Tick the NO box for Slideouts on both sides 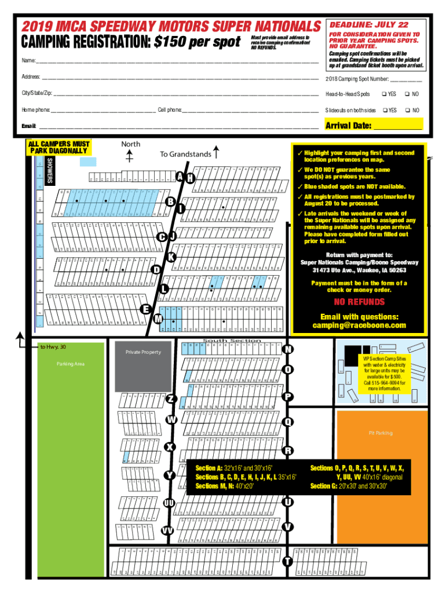coord(408,110)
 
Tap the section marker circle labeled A coord(181,177)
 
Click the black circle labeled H coord(191,178)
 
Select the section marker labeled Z coord(171,400)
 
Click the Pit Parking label coord(381,433)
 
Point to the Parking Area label coord(70,364)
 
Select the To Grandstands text coord(185,154)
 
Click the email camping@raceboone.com coord(360,325)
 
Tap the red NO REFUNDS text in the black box coord(359,302)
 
